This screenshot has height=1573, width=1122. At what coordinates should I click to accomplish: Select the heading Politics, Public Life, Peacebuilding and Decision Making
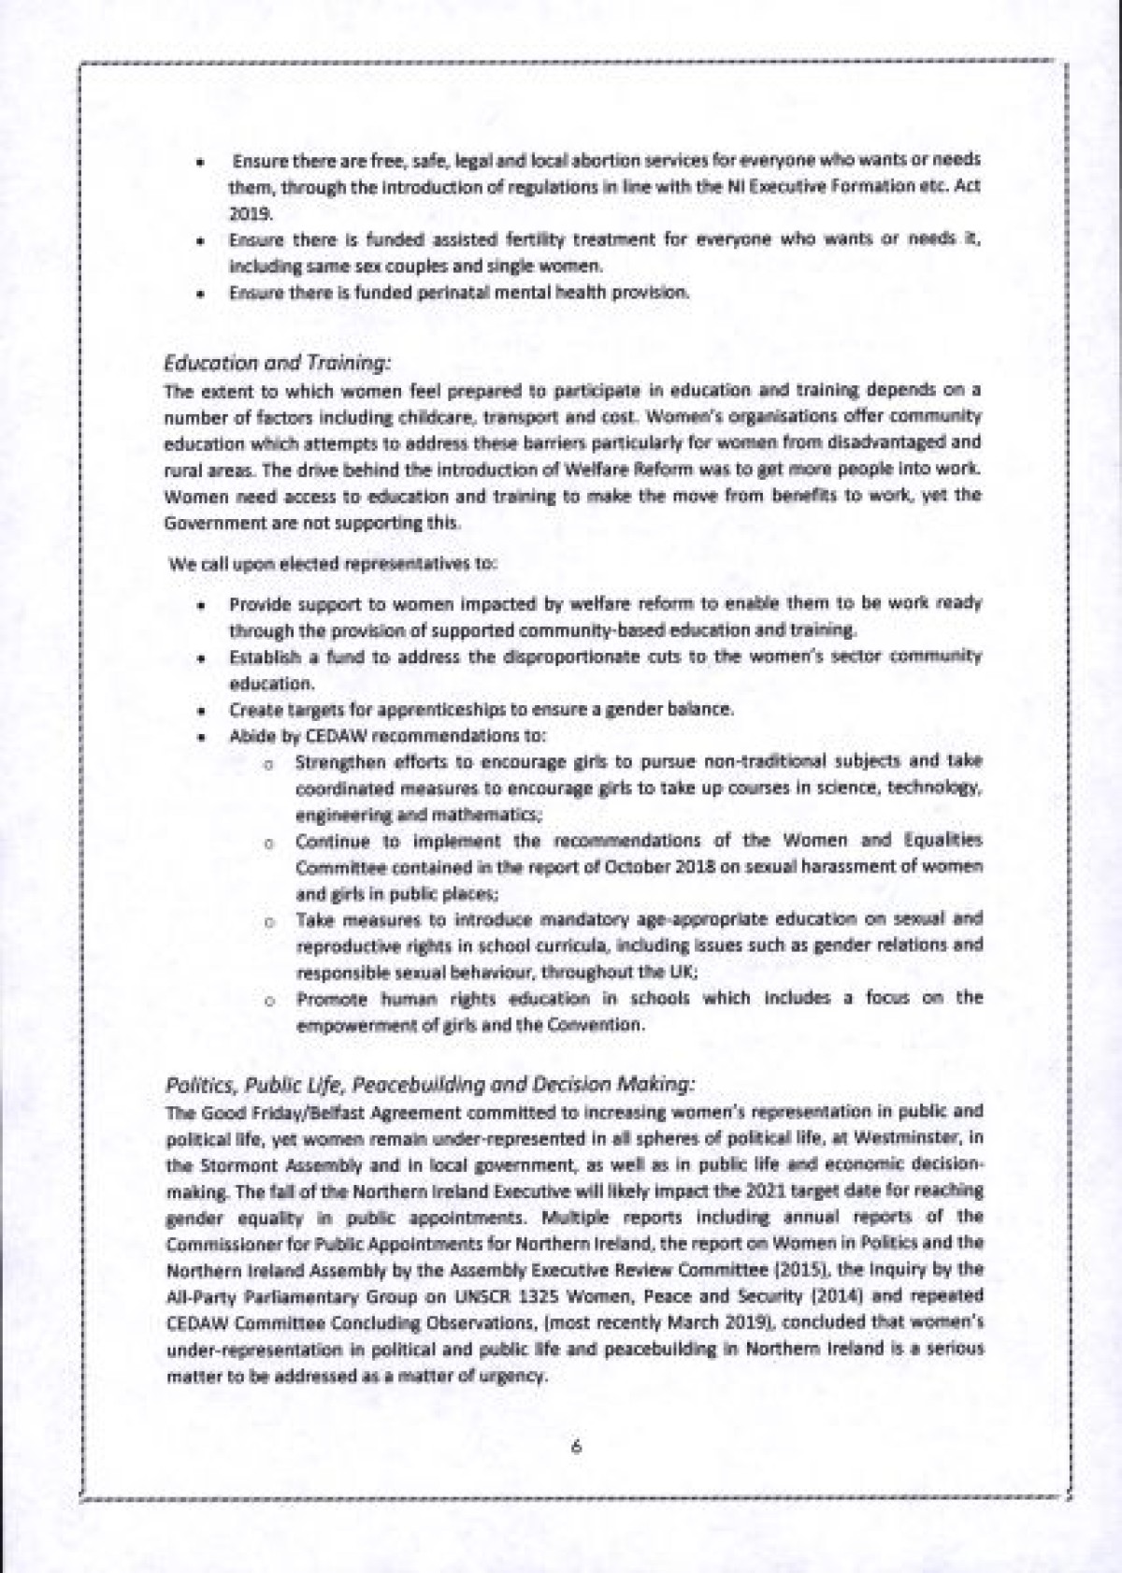pyautogui.click(x=430, y=1085)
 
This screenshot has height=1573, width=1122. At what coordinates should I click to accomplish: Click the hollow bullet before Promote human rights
pyautogui.click(x=268, y=999)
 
